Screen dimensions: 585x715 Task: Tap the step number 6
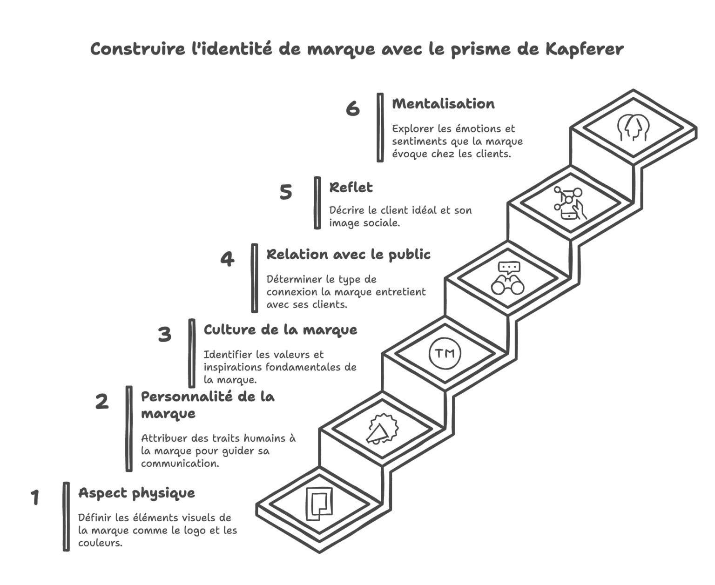(x=353, y=108)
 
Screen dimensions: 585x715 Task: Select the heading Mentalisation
(x=443, y=104)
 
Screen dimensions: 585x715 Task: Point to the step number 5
(x=286, y=192)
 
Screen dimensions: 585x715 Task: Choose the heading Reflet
(x=351, y=188)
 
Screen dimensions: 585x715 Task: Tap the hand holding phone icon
(x=570, y=203)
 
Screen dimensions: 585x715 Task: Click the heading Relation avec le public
(x=348, y=255)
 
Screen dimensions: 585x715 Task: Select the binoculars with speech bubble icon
(x=508, y=278)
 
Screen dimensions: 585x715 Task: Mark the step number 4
(x=227, y=259)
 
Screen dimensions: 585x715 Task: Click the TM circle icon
(x=445, y=354)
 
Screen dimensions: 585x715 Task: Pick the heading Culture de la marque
(x=280, y=330)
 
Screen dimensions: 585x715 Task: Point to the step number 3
(x=164, y=334)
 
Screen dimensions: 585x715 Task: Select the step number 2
(x=102, y=401)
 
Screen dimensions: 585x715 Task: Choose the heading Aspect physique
(x=136, y=493)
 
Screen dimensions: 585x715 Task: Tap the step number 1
(x=35, y=498)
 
